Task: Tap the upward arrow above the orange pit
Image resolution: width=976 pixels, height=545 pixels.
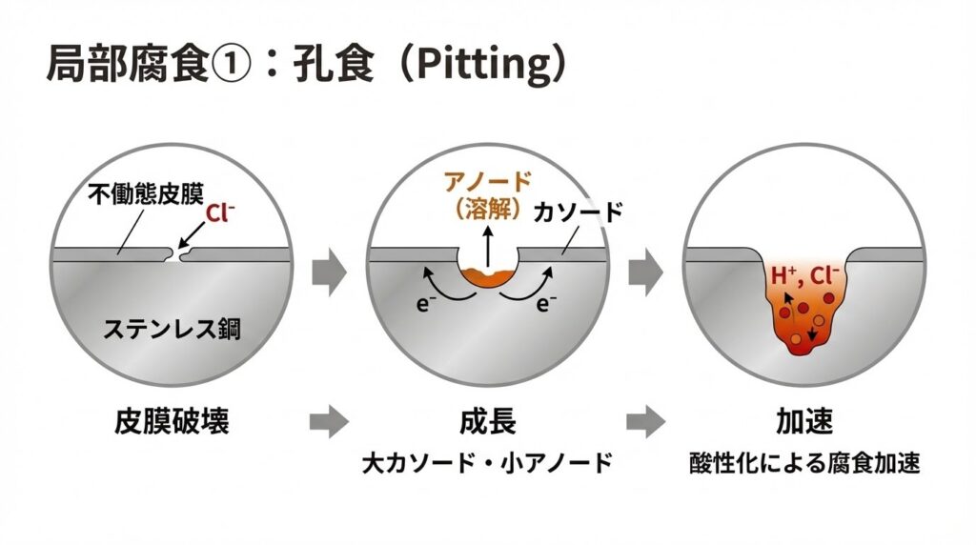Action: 489,244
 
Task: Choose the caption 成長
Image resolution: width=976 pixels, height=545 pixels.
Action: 488,419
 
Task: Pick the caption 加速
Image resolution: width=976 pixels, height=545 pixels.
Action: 804,419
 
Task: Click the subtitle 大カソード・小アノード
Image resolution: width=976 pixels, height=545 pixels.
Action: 487,464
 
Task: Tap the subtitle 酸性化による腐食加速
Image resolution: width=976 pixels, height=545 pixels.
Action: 804,464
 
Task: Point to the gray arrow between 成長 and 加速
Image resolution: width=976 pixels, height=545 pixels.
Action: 645,419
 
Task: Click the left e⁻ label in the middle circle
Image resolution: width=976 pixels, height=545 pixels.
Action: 425,304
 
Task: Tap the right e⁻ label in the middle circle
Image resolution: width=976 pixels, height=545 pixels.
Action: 546,304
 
